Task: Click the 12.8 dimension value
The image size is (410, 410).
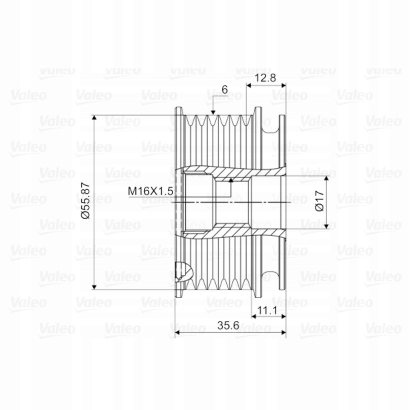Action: (x=266, y=78)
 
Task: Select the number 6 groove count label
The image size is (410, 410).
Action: (x=225, y=90)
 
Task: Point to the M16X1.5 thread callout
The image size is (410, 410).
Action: (x=151, y=191)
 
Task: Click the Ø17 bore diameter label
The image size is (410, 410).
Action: (x=319, y=201)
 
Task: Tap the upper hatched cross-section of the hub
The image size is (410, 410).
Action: (x=232, y=172)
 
